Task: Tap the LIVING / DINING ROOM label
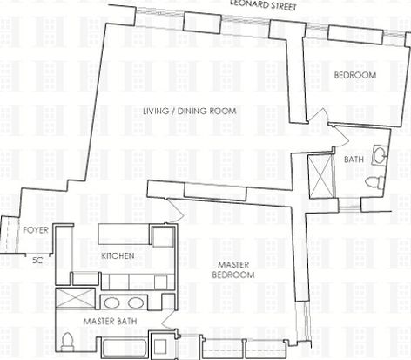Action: coord(190,111)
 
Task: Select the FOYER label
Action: coord(36,230)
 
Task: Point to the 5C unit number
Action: coord(37,260)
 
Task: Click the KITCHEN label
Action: coord(118,255)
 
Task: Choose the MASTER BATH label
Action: coord(110,321)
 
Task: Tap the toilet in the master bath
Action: coord(67,342)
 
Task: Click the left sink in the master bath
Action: coord(112,303)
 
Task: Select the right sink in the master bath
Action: coord(136,303)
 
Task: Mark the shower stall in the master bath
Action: coord(75,299)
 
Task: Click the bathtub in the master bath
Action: coord(125,348)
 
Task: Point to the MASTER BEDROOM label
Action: coord(233,269)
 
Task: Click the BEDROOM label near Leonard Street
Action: coord(355,75)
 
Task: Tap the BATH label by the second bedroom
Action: coord(354,160)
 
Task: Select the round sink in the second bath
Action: coord(380,154)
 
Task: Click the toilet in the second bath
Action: coord(374,182)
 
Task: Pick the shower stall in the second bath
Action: coord(320,176)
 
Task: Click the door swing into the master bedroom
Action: coord(175,208)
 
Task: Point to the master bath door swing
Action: coord(168,322)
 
